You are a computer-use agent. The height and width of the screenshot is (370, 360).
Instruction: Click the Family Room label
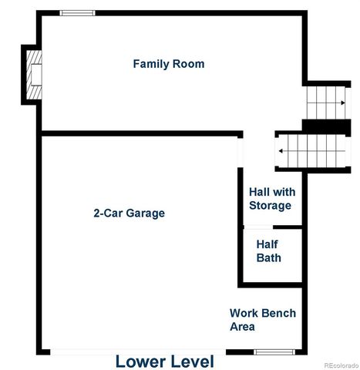click(x=169, y=64)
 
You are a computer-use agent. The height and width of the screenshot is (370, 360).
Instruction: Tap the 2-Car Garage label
click(x=129, y=213)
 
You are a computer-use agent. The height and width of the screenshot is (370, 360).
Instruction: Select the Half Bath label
click(x=269, y=251)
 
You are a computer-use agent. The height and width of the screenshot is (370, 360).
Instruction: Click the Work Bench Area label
click(x=262, y=320)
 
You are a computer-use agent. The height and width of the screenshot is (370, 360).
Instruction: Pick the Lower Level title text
click(x=164, y=361)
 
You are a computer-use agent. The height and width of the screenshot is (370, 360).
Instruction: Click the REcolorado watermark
click(x=339, y=365)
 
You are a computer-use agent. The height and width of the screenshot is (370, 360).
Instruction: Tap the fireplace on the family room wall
click(x=32, y=74)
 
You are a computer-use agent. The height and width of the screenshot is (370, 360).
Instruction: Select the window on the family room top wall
click(x=78, y=13)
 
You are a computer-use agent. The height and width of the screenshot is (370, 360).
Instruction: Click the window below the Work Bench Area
click(x=274, y=352)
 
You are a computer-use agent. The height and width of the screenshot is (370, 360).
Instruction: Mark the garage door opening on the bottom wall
click(x=146, y=351)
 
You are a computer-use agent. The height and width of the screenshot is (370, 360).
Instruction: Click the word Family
click(x=151, y=64)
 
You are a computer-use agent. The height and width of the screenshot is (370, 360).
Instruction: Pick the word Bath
click(x=269, y=258)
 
